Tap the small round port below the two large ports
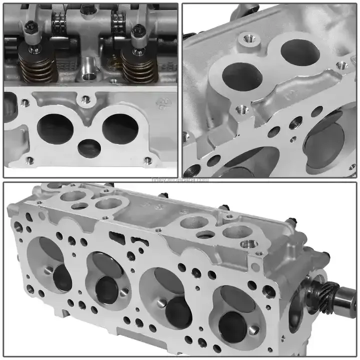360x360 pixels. click(88, 145)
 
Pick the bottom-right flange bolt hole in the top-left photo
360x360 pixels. click(147, 160)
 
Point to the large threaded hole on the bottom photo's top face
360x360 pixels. click(248, 245)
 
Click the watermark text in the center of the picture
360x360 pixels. click(180, 179)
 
